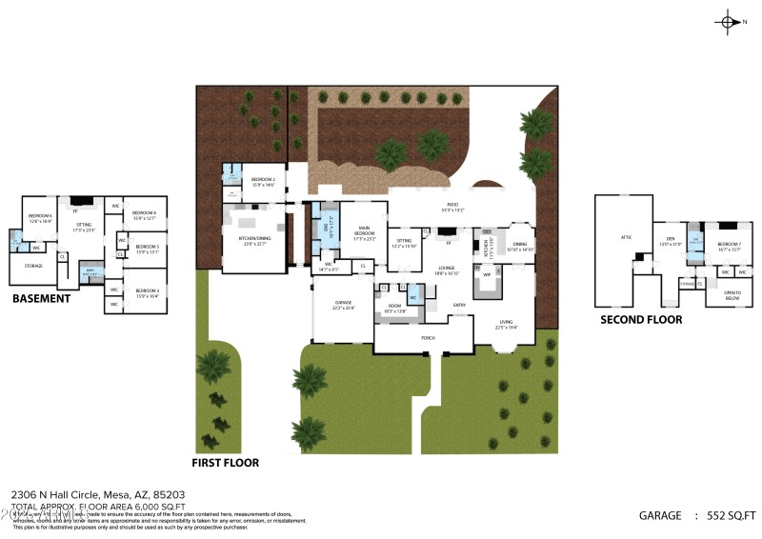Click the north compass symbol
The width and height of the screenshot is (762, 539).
[729, 22]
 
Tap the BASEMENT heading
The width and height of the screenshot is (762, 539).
[41, 298]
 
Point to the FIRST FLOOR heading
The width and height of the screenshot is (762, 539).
[225, 463]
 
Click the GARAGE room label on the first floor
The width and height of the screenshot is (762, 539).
[343, 305]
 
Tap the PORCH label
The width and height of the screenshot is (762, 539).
[429, 337]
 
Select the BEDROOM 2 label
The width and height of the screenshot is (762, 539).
[263, 179]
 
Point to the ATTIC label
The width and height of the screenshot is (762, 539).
[626, 237]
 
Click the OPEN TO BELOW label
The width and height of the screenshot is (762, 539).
[732, 295]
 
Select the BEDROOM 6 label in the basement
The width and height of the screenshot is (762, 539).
[40, 216]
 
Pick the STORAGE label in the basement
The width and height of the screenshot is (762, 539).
[33, 266]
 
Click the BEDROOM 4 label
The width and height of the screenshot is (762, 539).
[144, 212]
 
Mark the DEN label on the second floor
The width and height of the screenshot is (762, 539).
[670, 240]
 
